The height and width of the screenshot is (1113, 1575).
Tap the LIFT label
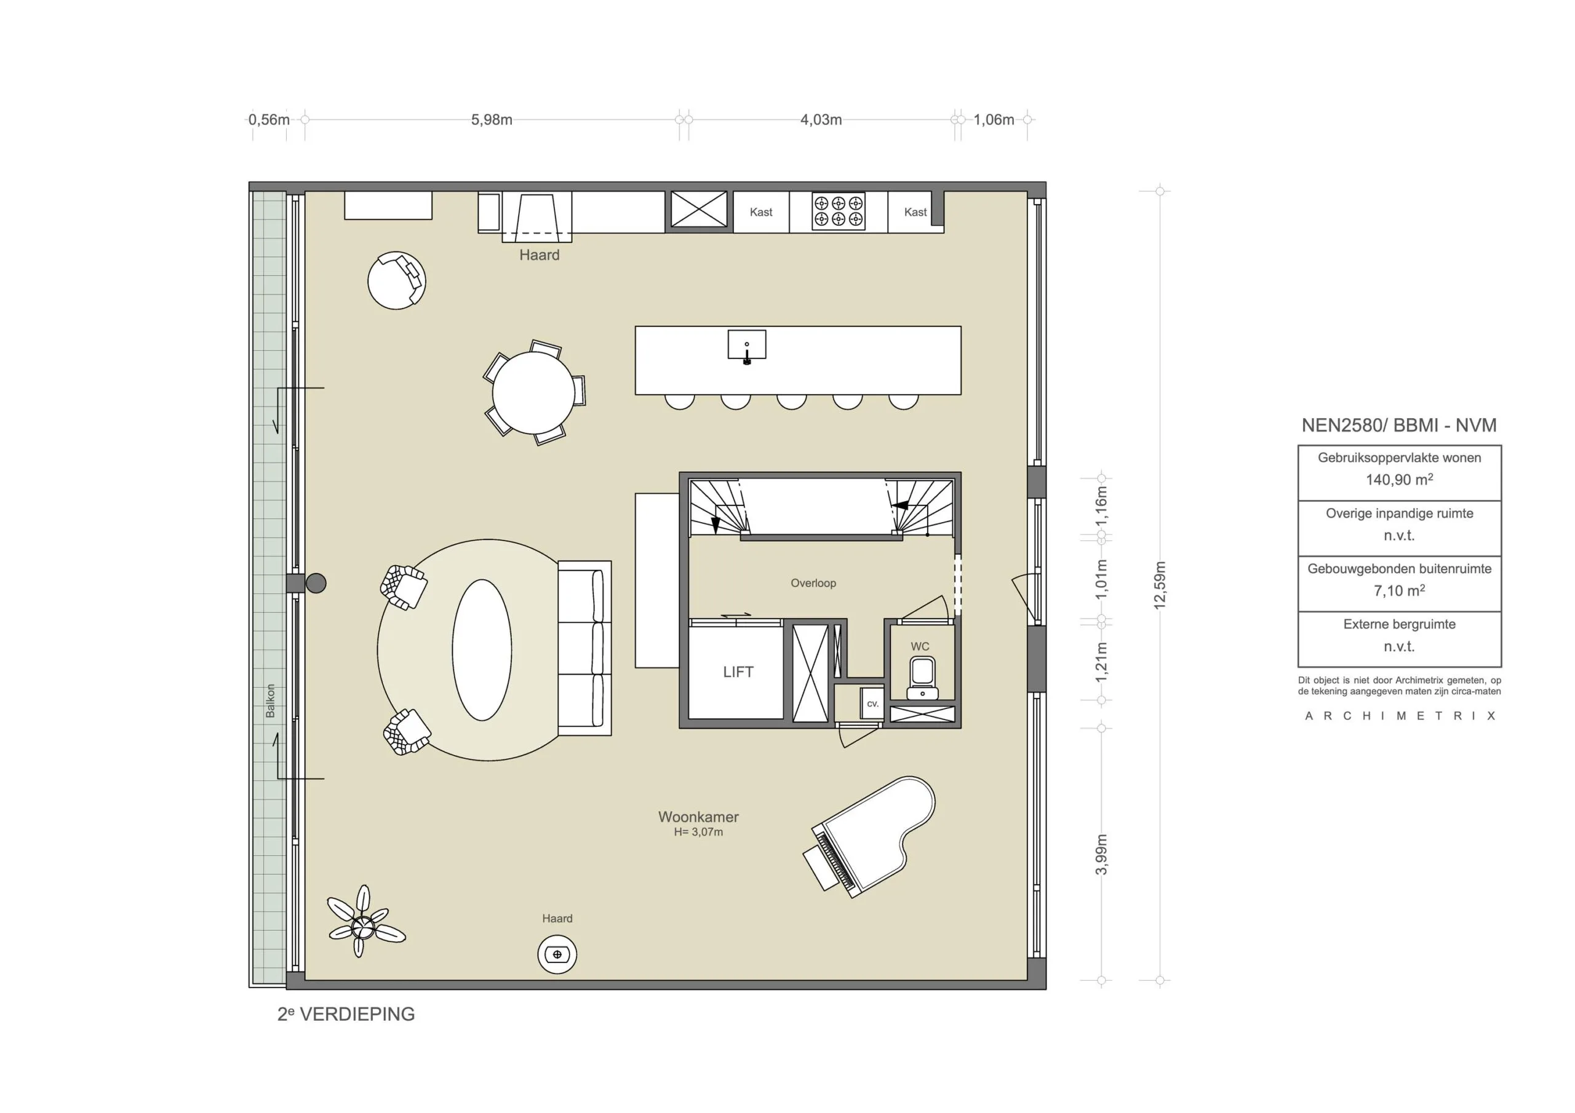[738, 672]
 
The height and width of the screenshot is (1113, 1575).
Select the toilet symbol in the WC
[922, 676]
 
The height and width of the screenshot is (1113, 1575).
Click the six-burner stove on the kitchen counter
[839, 211]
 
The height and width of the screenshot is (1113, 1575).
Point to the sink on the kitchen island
[746, 346]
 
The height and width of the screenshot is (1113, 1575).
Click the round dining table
[533, 393]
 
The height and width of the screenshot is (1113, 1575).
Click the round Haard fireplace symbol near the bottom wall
[556, 954]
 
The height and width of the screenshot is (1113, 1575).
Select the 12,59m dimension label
[1160, 585]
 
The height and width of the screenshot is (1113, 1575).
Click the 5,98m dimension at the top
[491, 120]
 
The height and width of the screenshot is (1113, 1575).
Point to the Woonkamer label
[698, 817]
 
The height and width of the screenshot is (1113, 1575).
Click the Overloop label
[813, 584]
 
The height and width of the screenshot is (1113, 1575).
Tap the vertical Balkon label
[270, 701]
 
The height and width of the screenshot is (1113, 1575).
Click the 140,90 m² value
[1398, 480]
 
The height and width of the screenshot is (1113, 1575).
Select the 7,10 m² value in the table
[1398, 590]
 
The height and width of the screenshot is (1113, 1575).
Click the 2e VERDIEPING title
[346, 1014]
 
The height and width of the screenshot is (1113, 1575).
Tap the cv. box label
[872, 703]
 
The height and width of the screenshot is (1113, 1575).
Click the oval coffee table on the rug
[482, 650]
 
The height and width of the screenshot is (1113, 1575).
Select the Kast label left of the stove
[761, 213]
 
